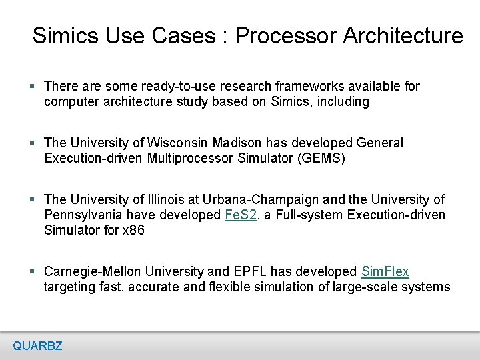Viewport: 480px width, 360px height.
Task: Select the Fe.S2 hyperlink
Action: tap(241, 215)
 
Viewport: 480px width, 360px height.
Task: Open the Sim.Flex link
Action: tap(385, 272)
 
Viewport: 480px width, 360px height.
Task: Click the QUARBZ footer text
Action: tap(37, 345)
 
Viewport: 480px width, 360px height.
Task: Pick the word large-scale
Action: tap(370, 287)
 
